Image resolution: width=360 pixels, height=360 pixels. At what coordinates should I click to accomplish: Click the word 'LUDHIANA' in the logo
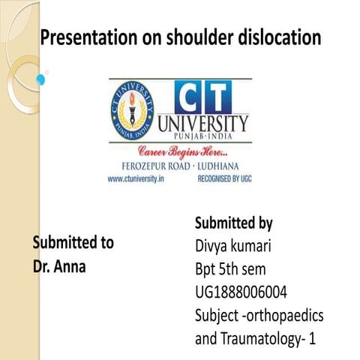[222, 166]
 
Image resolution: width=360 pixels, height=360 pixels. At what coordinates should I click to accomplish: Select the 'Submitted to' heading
[73, 243]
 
